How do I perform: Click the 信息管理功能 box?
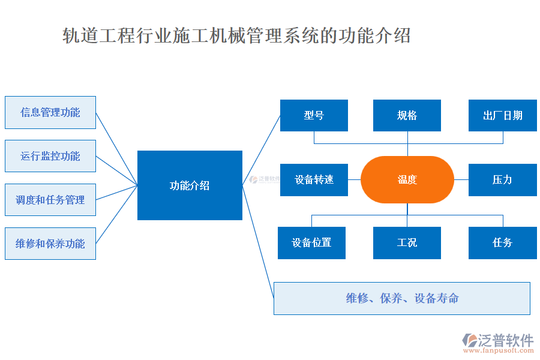50,112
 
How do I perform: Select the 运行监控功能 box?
50,156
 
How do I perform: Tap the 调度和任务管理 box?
50,200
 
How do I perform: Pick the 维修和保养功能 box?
50,244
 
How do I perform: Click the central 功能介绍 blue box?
190,185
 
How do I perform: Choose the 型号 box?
314,115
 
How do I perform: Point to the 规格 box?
407,115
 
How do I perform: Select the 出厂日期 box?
502,115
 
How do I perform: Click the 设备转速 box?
314,179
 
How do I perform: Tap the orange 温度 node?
407,179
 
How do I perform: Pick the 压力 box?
502,179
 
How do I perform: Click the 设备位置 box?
311,243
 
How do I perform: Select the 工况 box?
407,243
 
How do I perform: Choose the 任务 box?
502,243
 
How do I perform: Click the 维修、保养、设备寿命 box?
401,298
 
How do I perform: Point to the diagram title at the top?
236,35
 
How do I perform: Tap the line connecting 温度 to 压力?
461,179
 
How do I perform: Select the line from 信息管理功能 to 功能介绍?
117,149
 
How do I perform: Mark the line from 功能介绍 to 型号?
262,149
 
